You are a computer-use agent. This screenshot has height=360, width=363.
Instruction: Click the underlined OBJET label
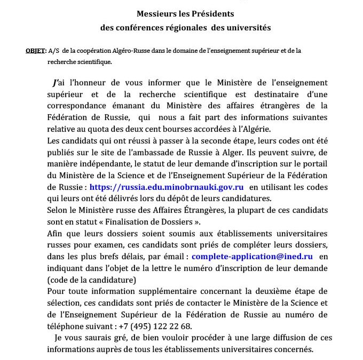pos(36,51)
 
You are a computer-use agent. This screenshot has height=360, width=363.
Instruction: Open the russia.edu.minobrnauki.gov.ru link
pos(167,187)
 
